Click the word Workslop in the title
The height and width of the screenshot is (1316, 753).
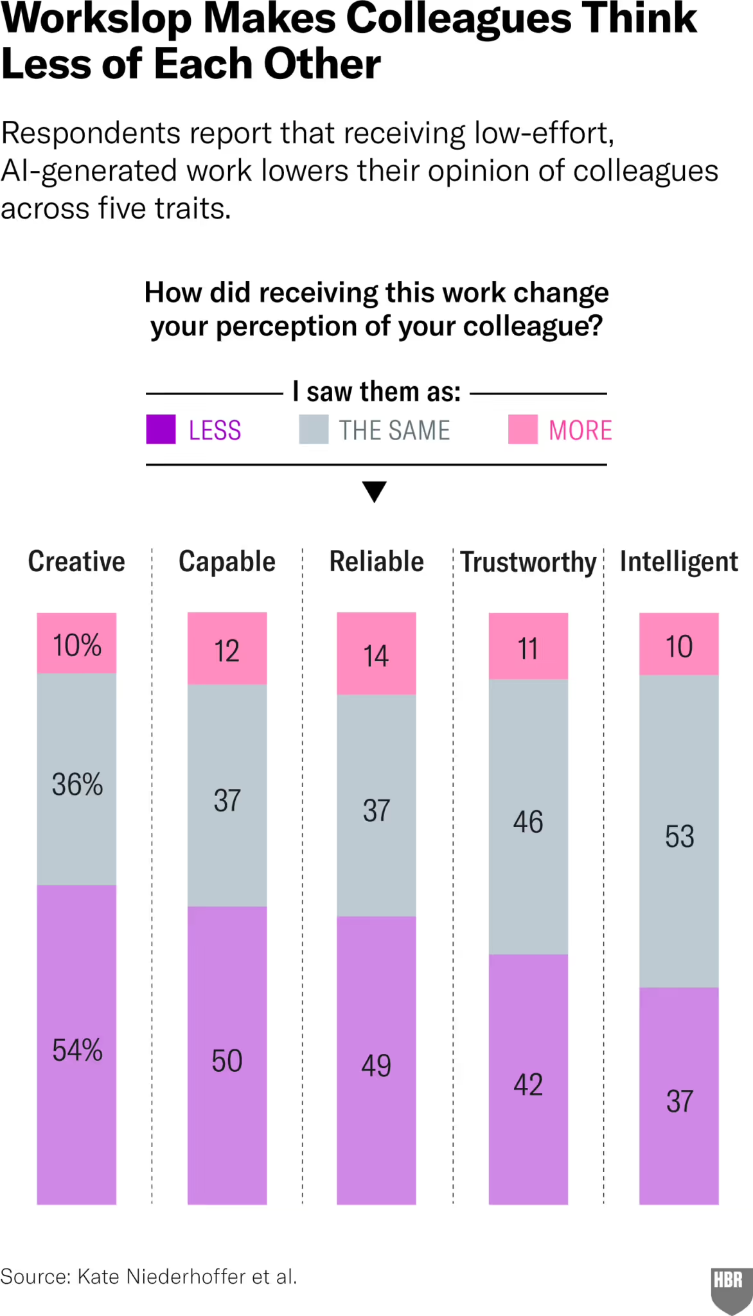(96, 19)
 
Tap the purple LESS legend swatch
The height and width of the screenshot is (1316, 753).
(161, 429)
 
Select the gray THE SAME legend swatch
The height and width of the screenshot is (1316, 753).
(314, 429)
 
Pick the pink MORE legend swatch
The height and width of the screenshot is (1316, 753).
(522, 429)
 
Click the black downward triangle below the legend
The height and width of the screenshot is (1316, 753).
(375, 491)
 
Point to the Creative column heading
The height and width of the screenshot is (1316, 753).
(76, 562)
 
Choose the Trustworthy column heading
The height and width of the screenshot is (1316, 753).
(528, 562)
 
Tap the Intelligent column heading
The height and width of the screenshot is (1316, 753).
(678, 562)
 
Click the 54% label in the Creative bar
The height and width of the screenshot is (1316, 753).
(77, 1050)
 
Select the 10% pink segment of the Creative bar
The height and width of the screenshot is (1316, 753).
(76, 644)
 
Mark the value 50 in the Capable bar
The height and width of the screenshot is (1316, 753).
(227, 1060)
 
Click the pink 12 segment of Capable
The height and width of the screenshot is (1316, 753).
(227, 649)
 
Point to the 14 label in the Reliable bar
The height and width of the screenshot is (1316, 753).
(376, 655)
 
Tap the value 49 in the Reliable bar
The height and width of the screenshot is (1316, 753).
(376, 1065)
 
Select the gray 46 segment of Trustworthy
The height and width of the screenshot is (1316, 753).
(528, 821)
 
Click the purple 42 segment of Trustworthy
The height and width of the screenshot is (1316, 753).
(528, 1085)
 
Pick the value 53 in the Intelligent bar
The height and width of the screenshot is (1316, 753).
(679, 836)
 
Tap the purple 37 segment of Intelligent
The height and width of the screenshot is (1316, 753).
(679, 1101)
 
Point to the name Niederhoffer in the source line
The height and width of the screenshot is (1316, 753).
(186, 1276)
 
